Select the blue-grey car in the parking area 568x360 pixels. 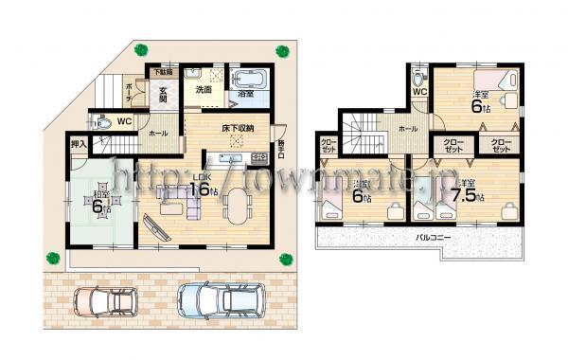[217, 301]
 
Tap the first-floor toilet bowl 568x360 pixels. [99, 120]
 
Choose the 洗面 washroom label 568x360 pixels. [203, 90]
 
